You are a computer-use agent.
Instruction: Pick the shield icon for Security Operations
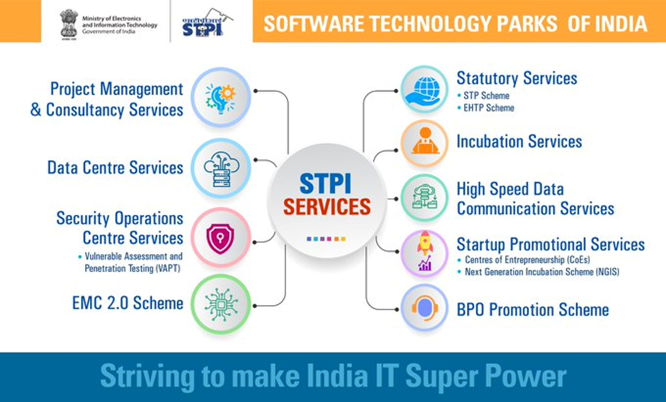pos(220,239)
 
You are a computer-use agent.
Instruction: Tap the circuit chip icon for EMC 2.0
pos(221,305)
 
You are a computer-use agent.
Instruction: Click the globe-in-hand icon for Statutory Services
pos(425,90)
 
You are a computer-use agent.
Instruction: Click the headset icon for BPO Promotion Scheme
pos(425,308)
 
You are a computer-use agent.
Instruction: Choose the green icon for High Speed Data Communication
pos(424,197)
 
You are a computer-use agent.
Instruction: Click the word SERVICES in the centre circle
pos(327,207)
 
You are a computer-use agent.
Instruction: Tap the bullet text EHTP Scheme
pos(489,108)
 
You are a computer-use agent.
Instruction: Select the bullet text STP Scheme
pos(486,95)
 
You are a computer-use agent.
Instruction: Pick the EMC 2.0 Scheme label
pos(127,303)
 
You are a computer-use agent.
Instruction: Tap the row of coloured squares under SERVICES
pos(326,239)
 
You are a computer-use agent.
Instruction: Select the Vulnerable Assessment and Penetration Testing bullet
pos(131,262)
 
